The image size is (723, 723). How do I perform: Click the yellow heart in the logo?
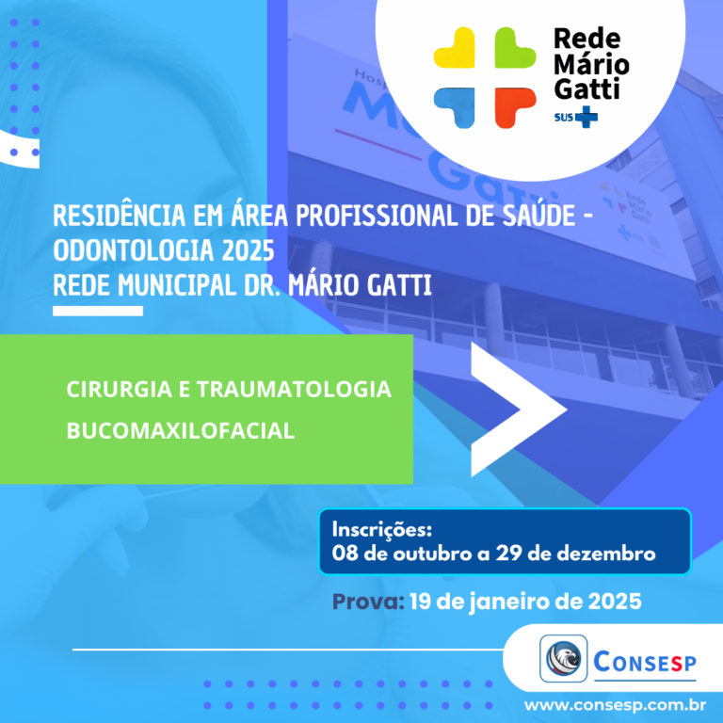456,48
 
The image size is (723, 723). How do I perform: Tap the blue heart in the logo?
456,107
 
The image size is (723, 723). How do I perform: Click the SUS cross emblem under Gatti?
586,117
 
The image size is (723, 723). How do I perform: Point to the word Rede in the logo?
587,39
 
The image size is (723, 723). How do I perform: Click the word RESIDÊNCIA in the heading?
119,215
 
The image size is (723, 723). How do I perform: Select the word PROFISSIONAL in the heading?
377,216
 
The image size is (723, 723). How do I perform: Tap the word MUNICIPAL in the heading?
177,285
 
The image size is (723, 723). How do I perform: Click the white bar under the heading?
98,312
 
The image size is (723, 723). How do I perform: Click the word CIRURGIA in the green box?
119,389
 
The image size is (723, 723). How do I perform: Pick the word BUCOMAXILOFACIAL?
181,430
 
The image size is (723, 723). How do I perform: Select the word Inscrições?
382,529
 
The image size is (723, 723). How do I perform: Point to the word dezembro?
606,554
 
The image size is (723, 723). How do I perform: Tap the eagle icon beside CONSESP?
564,658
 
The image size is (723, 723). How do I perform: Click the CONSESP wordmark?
645,662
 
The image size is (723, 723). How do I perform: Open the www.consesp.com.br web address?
615,705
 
